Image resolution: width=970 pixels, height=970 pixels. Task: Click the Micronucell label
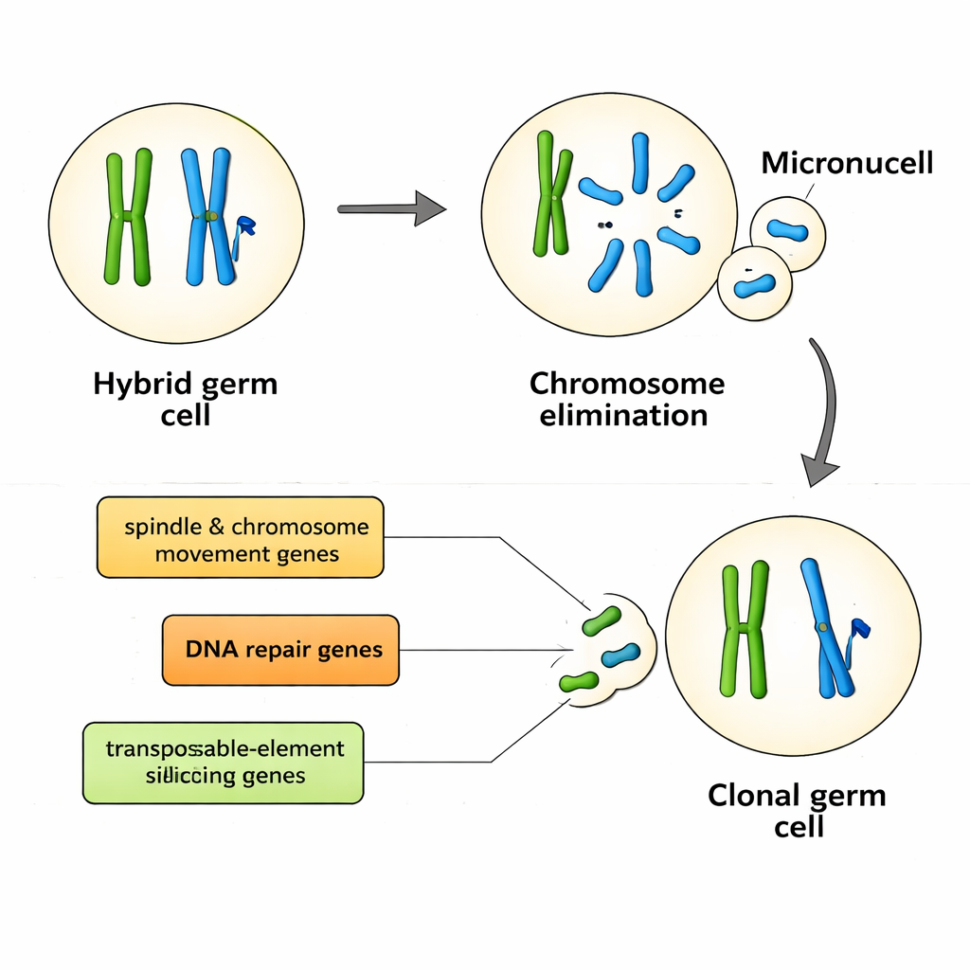(847, 163)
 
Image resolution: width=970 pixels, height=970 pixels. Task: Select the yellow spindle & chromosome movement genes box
(241, 537)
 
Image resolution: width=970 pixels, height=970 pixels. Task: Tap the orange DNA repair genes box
(280, 650)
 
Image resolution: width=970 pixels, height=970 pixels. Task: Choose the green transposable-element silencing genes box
(224, 763)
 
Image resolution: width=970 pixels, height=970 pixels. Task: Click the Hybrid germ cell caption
(186, 400)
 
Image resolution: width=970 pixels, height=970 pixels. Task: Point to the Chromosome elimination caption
(626, 399)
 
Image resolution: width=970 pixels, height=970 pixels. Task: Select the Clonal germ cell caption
(797, 809)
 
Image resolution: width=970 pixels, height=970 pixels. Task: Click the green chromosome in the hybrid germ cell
(128, 217)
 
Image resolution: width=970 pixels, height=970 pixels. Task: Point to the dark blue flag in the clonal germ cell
(860, 625)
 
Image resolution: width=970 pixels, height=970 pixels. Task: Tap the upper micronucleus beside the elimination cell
(787, 231)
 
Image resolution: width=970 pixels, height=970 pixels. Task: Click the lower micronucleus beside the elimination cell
(754, 282)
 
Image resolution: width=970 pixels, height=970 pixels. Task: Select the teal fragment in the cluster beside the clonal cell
(620, 653)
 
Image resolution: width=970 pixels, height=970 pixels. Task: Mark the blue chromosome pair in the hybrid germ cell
(208, 217)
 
